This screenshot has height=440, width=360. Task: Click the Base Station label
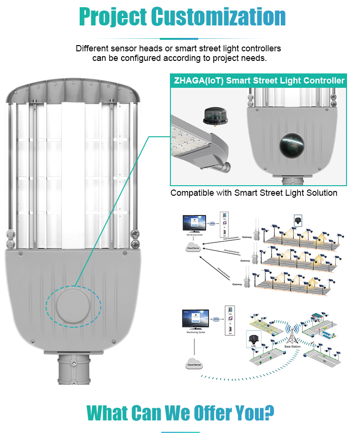click(x=292, y=346)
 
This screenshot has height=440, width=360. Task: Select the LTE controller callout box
click(x=252, y=339)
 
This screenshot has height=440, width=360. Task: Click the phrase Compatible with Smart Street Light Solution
click(x=254, y=193)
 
